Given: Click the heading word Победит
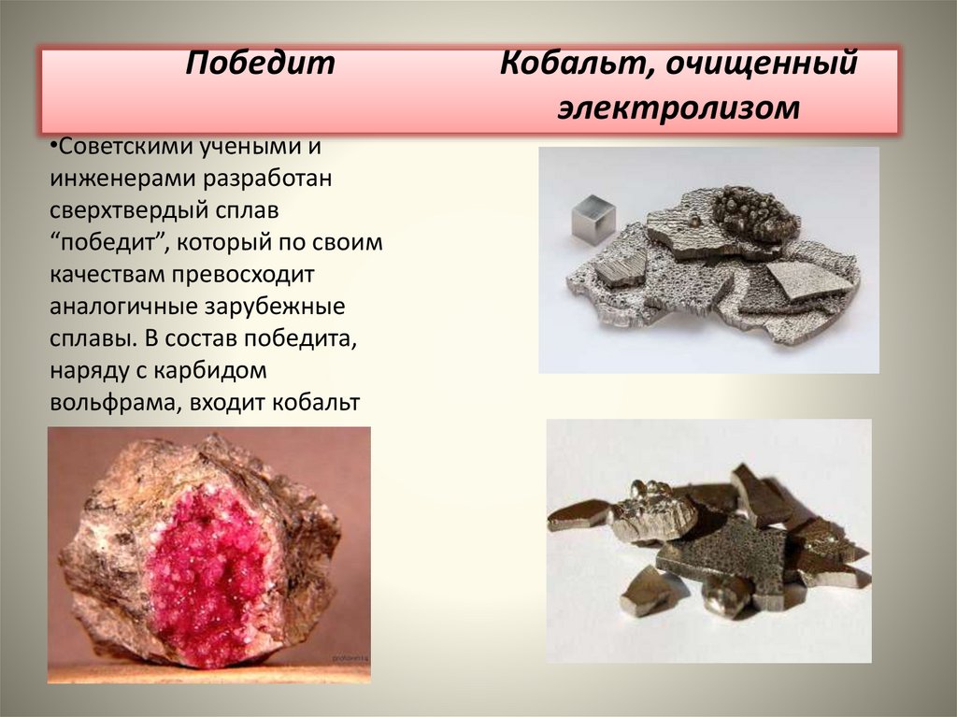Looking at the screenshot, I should click(x=259, y=65).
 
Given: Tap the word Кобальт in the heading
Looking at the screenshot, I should click(x=560, y=65).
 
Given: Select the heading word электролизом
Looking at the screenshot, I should click(x=679, y=108).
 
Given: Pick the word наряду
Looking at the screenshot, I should click(x=90, y=371).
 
